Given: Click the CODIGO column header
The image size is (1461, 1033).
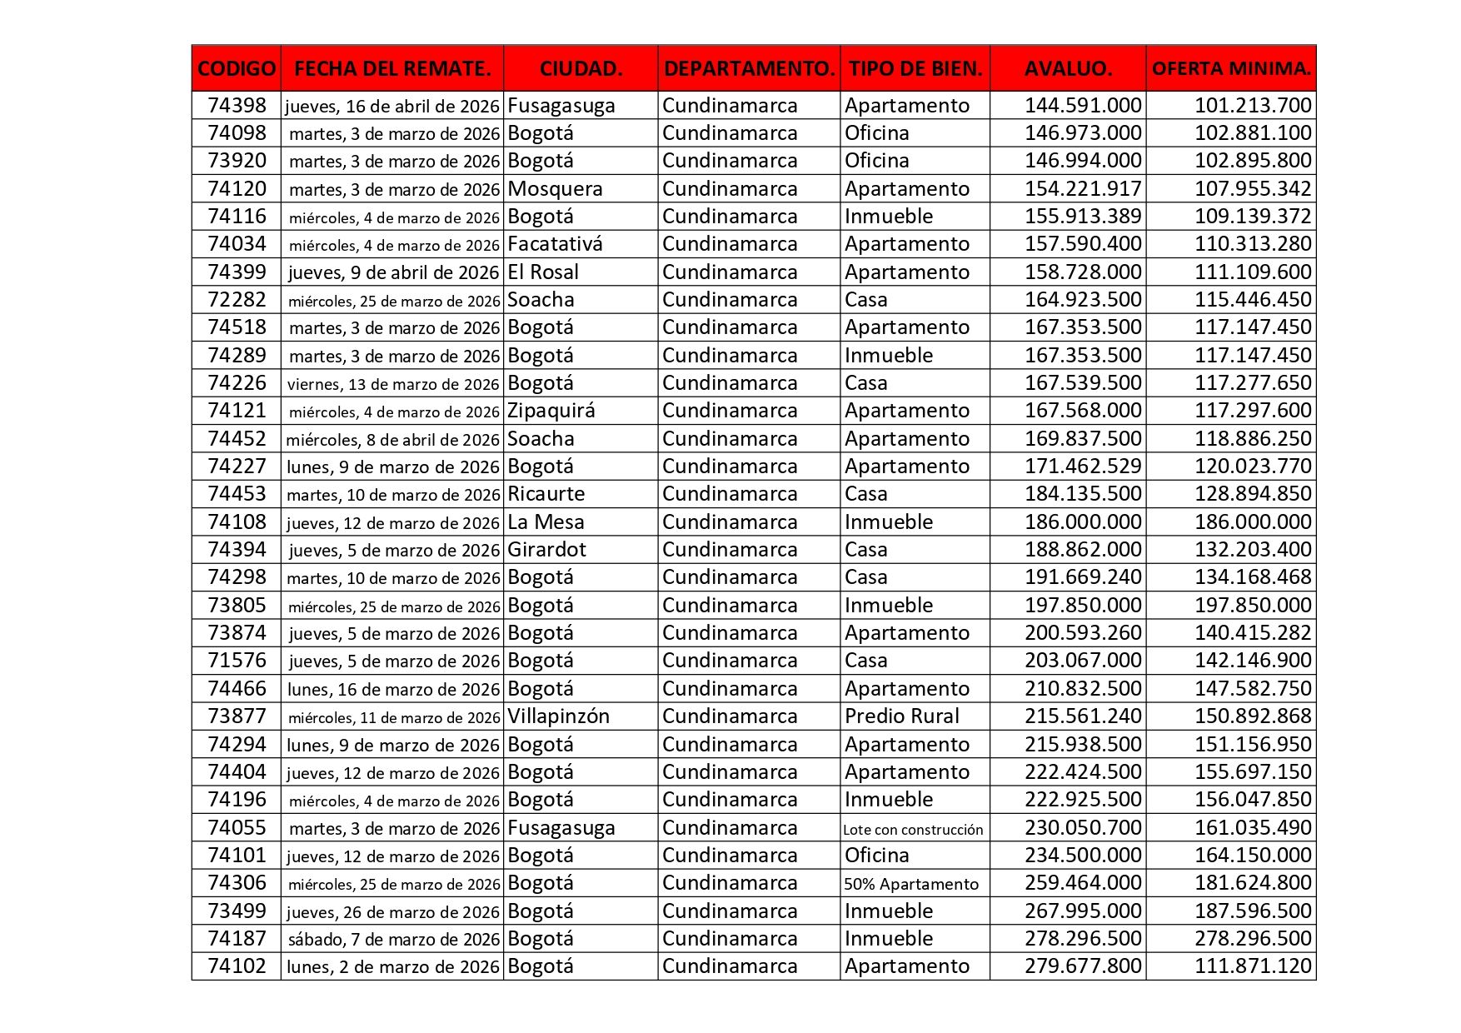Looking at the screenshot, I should pos(237,68).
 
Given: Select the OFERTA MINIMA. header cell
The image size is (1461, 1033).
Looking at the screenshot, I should pos(1230,68).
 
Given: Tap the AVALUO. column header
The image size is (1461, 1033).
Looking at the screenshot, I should pos(1068,68).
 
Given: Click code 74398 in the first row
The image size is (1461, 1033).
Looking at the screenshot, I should pos(237,106).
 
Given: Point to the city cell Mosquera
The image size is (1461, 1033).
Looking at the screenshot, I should pos(555,189).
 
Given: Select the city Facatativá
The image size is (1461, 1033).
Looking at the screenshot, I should pos(555,244).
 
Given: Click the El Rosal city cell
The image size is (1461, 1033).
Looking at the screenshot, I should pos(543,272).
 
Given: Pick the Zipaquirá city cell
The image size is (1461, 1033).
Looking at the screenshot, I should pos(551,411).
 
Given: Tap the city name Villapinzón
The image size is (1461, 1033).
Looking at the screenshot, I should pos(558,716).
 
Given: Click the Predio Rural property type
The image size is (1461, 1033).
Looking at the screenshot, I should pos(901,716).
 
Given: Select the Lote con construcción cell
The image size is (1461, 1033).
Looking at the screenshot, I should pos(913,829).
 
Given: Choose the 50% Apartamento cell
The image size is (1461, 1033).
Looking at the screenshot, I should pos(911,884).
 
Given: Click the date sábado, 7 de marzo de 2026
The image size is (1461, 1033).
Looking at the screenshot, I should pos(393,940).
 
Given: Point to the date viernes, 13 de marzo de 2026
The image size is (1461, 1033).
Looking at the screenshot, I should pos(393,384).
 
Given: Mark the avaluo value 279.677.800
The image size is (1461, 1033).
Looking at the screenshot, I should pos(1083,966).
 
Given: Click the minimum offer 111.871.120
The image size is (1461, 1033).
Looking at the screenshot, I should pos(1253,966).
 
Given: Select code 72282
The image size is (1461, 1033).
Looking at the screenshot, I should pos(237,300).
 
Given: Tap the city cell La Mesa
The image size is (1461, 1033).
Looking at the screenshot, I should pos(546,522).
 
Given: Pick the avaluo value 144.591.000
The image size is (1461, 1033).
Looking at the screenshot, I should pos(1083,106).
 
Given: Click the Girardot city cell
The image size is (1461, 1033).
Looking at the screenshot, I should pos(546,550).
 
